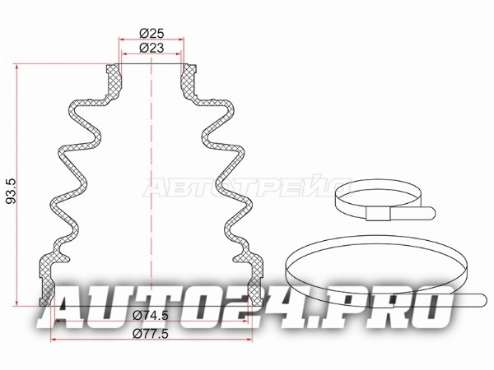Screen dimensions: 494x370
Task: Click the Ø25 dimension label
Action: tap(151, 33)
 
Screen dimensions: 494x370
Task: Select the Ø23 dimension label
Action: tap(151, 48)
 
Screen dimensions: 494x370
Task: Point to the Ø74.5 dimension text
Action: tap(151, 315)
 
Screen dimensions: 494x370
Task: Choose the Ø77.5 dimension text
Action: tap(151, 333)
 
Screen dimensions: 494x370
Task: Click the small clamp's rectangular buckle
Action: tap(378, 214)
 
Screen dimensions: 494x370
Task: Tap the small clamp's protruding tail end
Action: tap(431, 213)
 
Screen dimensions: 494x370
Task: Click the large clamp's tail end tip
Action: tap(485, 300)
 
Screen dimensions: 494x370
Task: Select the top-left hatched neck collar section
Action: tap(113, 81)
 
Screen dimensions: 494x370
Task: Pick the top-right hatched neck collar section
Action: tap(189, 81)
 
